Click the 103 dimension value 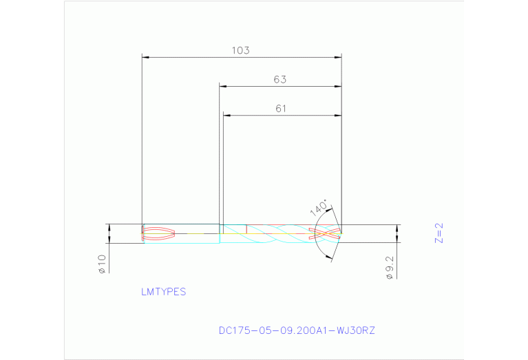coord(240,50)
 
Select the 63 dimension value coord(279,79)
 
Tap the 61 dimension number coord(280,108)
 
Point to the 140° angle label coord(319,209)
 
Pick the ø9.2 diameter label coord(390,266)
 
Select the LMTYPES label coord(163,292)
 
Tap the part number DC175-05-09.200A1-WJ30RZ coord(297,330)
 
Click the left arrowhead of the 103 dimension coord(145,58)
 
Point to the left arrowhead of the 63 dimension coord(223,86)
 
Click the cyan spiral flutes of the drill coord(275,234)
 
